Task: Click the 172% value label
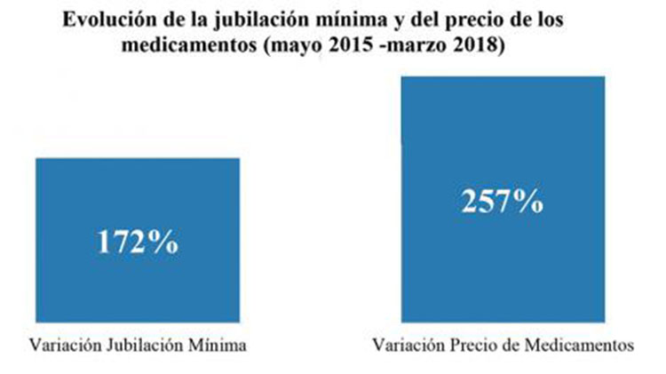(x=138, y=243)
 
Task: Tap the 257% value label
(x=503, y=201)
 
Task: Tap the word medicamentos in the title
(x=189, y=45)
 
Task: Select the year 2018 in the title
(x=477, y=45)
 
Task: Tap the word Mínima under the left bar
(x=217, y=345)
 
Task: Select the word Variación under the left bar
(x=65, y=345)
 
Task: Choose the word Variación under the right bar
(x=408, y=345)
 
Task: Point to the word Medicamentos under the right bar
(x=579, y=345)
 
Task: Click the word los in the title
(x=548, y=20)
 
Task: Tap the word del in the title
(x=424, y=20)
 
